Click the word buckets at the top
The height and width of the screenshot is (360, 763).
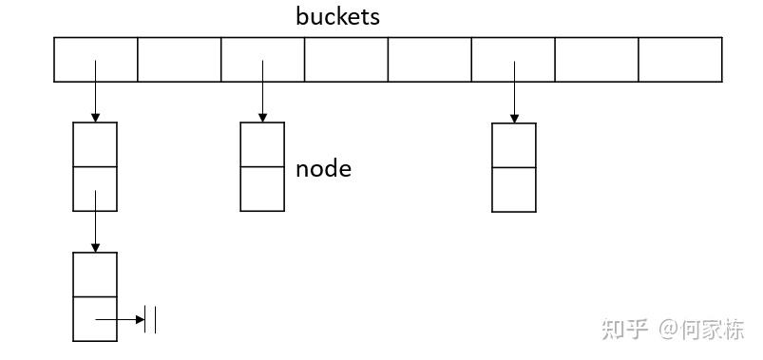(x=337, y=17)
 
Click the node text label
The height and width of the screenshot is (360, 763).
(x=323, y=169)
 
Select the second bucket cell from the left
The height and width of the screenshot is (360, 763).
(x=179, y=60)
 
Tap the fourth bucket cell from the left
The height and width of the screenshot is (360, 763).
(x=346, y=60)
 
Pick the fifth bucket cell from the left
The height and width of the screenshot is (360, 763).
(x=429, y=60)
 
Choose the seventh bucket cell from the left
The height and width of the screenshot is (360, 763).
(x=596, y=60)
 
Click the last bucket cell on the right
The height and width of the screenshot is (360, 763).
(x=679, y=60)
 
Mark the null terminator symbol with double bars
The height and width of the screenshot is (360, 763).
(x=150, y=320)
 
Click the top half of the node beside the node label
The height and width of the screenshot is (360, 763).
(x=262, y=144)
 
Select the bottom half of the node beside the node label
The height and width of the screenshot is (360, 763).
(x=262, y=189)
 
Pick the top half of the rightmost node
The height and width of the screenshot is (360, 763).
(x=514, y=145)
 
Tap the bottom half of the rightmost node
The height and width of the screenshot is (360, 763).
(x=514, y=189)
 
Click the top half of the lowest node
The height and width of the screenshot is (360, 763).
(x=95, y=275)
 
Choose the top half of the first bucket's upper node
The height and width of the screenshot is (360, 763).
(x=95, y=144)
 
